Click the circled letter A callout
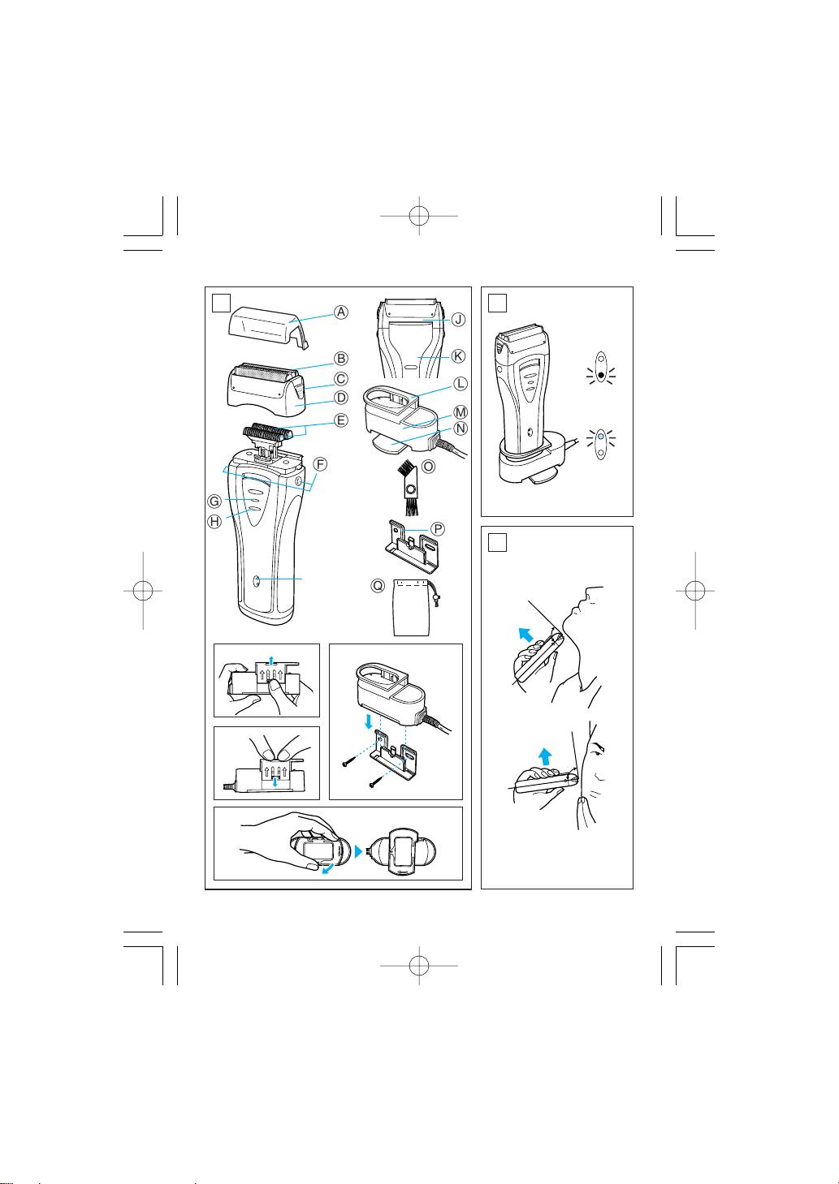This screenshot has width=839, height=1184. tap(341, 312)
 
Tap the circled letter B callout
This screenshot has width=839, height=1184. tap(341, 358)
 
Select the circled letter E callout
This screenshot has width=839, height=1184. tap(341, 420)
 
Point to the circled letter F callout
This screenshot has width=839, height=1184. tap(319, 464)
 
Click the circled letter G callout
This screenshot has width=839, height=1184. tap(214, 501)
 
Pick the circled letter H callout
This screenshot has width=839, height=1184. tap(214, 522)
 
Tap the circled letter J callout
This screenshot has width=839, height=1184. tap(458, 319)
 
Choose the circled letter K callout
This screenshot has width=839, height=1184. tap(458, 356)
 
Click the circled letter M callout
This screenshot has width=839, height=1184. tap(461, 411)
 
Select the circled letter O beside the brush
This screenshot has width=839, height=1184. tap(429, 467)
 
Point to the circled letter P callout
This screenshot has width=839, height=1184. tap(438, 528)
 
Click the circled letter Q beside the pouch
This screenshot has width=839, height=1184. tap(378, 586)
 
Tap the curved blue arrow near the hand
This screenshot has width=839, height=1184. tap(327, 869)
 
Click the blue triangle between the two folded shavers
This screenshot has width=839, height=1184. tap(359, 851)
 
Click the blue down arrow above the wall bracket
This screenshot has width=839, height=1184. tap(368, 721)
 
